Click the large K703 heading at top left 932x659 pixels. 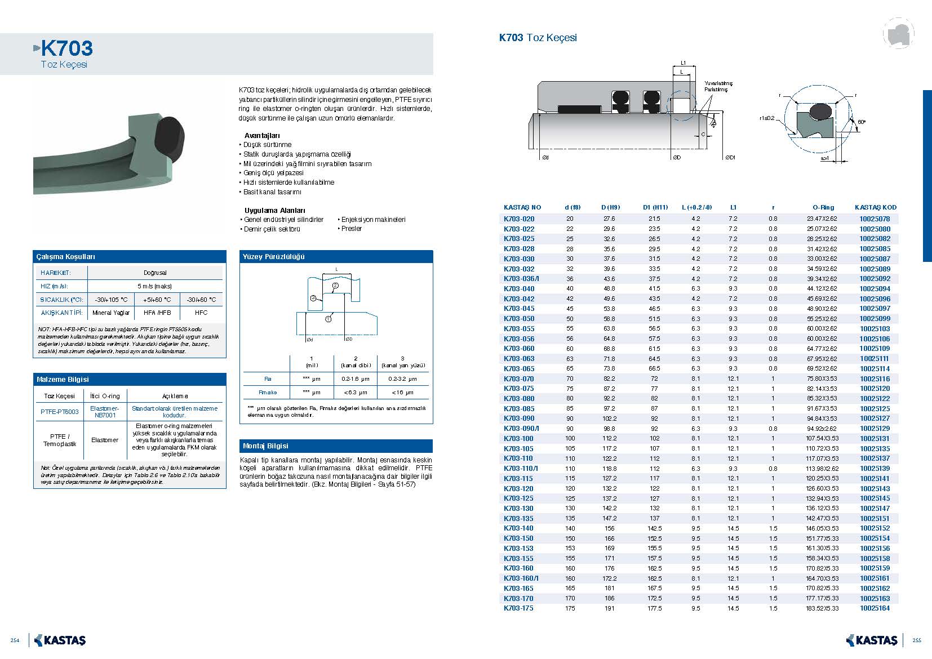click(x=66, y=48)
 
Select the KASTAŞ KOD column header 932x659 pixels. click(x=875, y=207)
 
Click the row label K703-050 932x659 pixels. click(x=518, y=319)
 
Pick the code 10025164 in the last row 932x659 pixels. click(x=875, y=608)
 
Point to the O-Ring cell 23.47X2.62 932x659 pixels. click(x=822, y=219)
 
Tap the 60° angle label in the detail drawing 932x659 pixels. click(x=862, y=122)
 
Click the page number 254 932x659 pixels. click(x=15, y=640)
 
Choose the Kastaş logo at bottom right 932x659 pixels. click(x=871, y=640)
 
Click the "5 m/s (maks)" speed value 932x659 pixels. click(x=155, y=286)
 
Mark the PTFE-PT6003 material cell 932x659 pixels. click(x=60, y=412)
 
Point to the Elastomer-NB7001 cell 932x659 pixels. click(x=105, y=412)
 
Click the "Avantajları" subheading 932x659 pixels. click(x=262, y=136)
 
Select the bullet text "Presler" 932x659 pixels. click(x=352, y=229)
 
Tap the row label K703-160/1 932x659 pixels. click(x=521, y=578)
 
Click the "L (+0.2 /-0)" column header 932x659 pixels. click(x=696, y=207)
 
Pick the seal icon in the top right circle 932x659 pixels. click(x=899, y=34)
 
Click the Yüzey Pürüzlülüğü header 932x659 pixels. click(x=273, y=257)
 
